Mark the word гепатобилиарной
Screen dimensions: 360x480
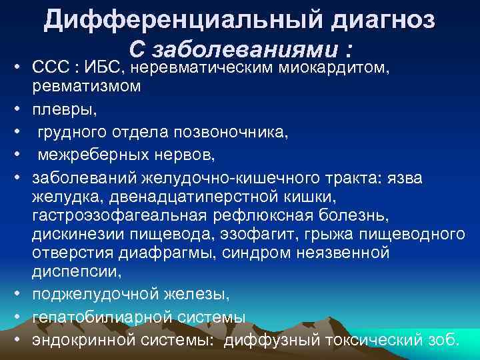(99, 317)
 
